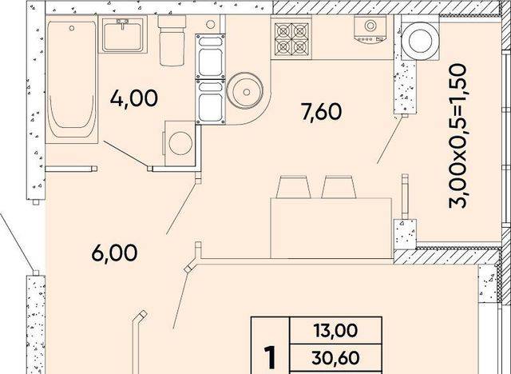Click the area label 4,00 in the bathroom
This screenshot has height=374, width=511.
[x=134, y=98]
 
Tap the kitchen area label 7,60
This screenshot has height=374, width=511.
[x=322, y=112]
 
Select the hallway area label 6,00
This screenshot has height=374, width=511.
[x=114, y=253]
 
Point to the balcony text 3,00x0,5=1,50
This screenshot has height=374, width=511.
[x=458, y=136]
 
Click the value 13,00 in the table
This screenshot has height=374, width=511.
[x=335, y=330]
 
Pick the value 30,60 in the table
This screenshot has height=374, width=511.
[x=335, y=358]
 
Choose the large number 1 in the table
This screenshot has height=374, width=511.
[x=270, y=358]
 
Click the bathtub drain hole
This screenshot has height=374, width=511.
[x=72, y=28]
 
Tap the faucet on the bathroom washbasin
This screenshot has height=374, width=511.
[x=122, y=23]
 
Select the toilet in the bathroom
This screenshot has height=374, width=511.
[x=172, y=41]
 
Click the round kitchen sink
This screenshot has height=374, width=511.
[x=245, y=90]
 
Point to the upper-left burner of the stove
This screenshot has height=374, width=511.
[x=283, y=31]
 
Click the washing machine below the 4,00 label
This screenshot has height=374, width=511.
[x=180, y=143]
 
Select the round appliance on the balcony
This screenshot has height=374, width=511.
[x=421, y=41]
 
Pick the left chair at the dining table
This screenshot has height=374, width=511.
[x=293, y=187]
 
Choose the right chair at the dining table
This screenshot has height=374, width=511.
[x=339, y=187]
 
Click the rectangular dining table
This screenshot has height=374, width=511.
[x=331, y=228]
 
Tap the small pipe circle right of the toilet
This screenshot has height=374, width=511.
[x=211, y=24]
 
